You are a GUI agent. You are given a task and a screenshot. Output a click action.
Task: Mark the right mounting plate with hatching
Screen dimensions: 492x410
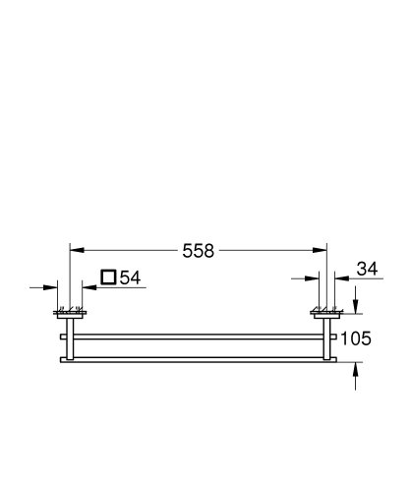pos(324,315)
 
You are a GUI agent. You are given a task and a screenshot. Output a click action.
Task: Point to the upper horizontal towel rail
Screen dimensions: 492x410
pos(197,335)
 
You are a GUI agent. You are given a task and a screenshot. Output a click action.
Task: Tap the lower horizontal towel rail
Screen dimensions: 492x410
pos(197,356)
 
